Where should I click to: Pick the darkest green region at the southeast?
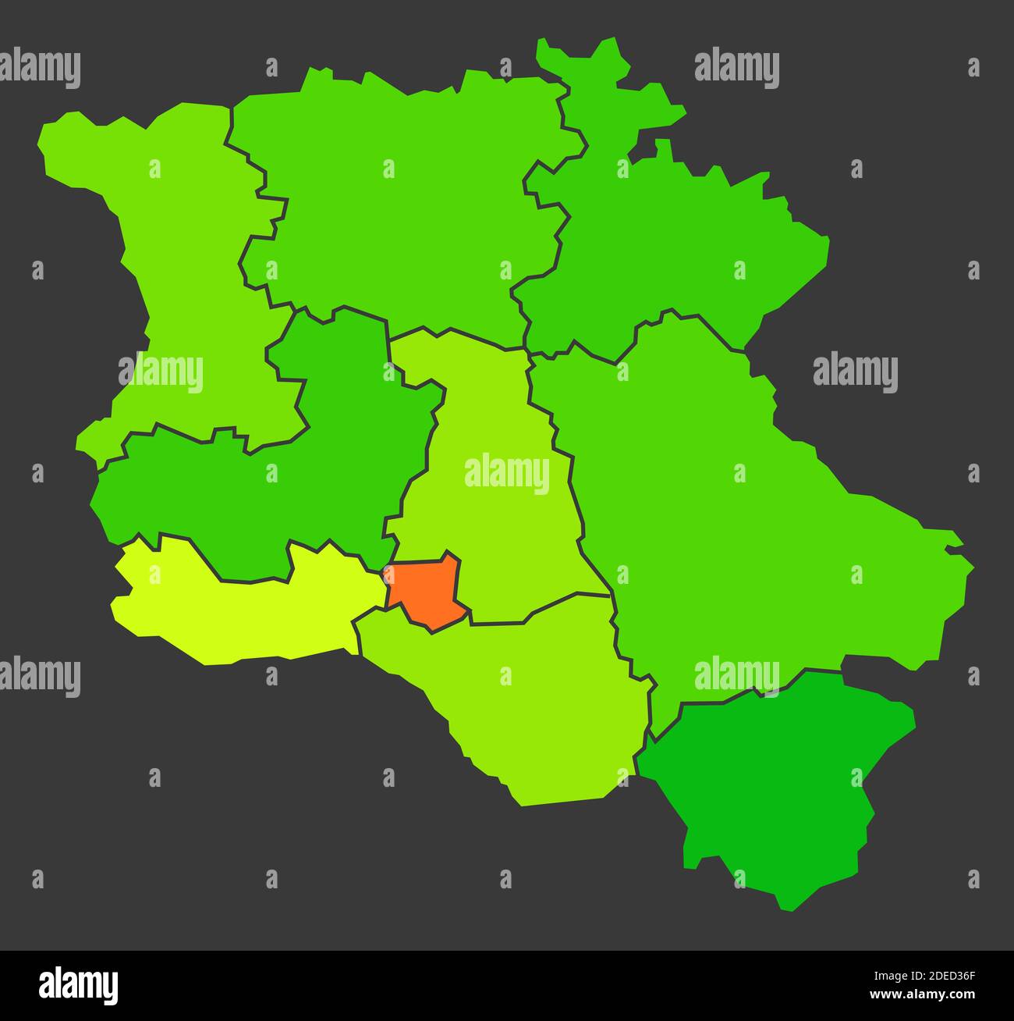pos(780,781)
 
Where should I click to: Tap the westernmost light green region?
pos(179,258)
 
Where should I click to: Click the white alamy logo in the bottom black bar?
pos(78,985)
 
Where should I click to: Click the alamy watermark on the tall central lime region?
pos(506,473)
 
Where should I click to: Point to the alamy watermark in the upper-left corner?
pos(41,68)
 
